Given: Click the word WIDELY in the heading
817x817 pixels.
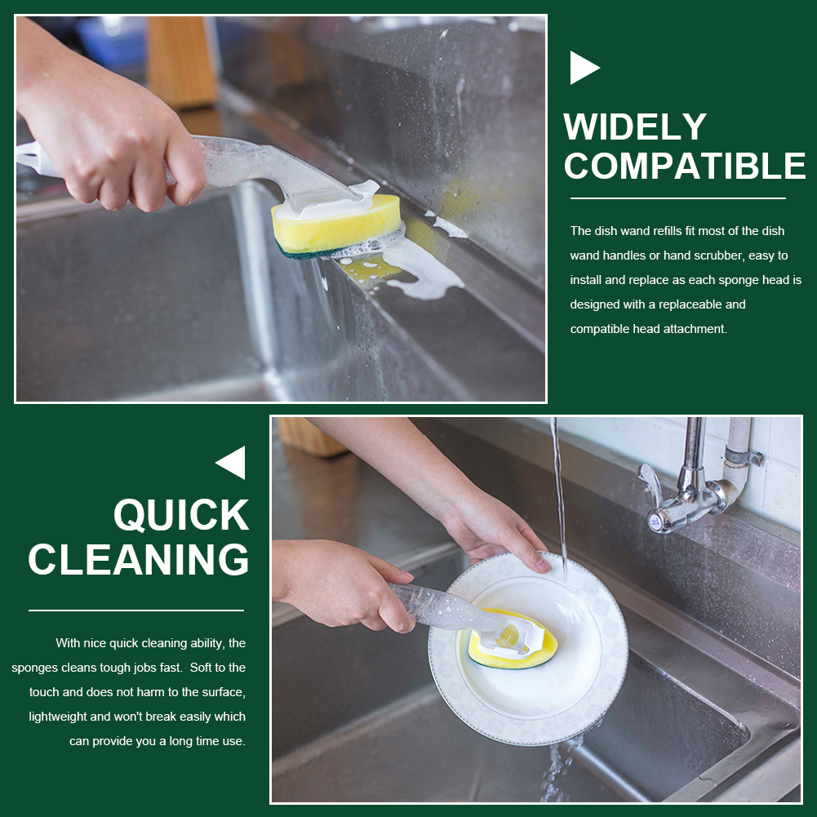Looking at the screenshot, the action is click(635, 127).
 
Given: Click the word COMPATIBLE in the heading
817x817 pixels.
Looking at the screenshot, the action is click(685, 166).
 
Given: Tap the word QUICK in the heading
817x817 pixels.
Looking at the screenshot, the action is click(181, 515).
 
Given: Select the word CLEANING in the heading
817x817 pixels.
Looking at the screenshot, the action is click(139, 560).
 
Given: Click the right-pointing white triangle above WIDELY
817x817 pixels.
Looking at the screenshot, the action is click(584, 67).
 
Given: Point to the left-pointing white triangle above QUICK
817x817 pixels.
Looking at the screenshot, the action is click(231, 463).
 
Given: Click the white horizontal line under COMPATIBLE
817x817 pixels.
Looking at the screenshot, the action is click(678, 198).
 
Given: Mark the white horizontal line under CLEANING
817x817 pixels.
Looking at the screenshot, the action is click(136, 611).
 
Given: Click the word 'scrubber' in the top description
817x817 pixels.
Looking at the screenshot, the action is click(719, 255).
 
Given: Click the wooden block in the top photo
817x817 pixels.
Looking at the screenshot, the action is click(182, 61).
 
